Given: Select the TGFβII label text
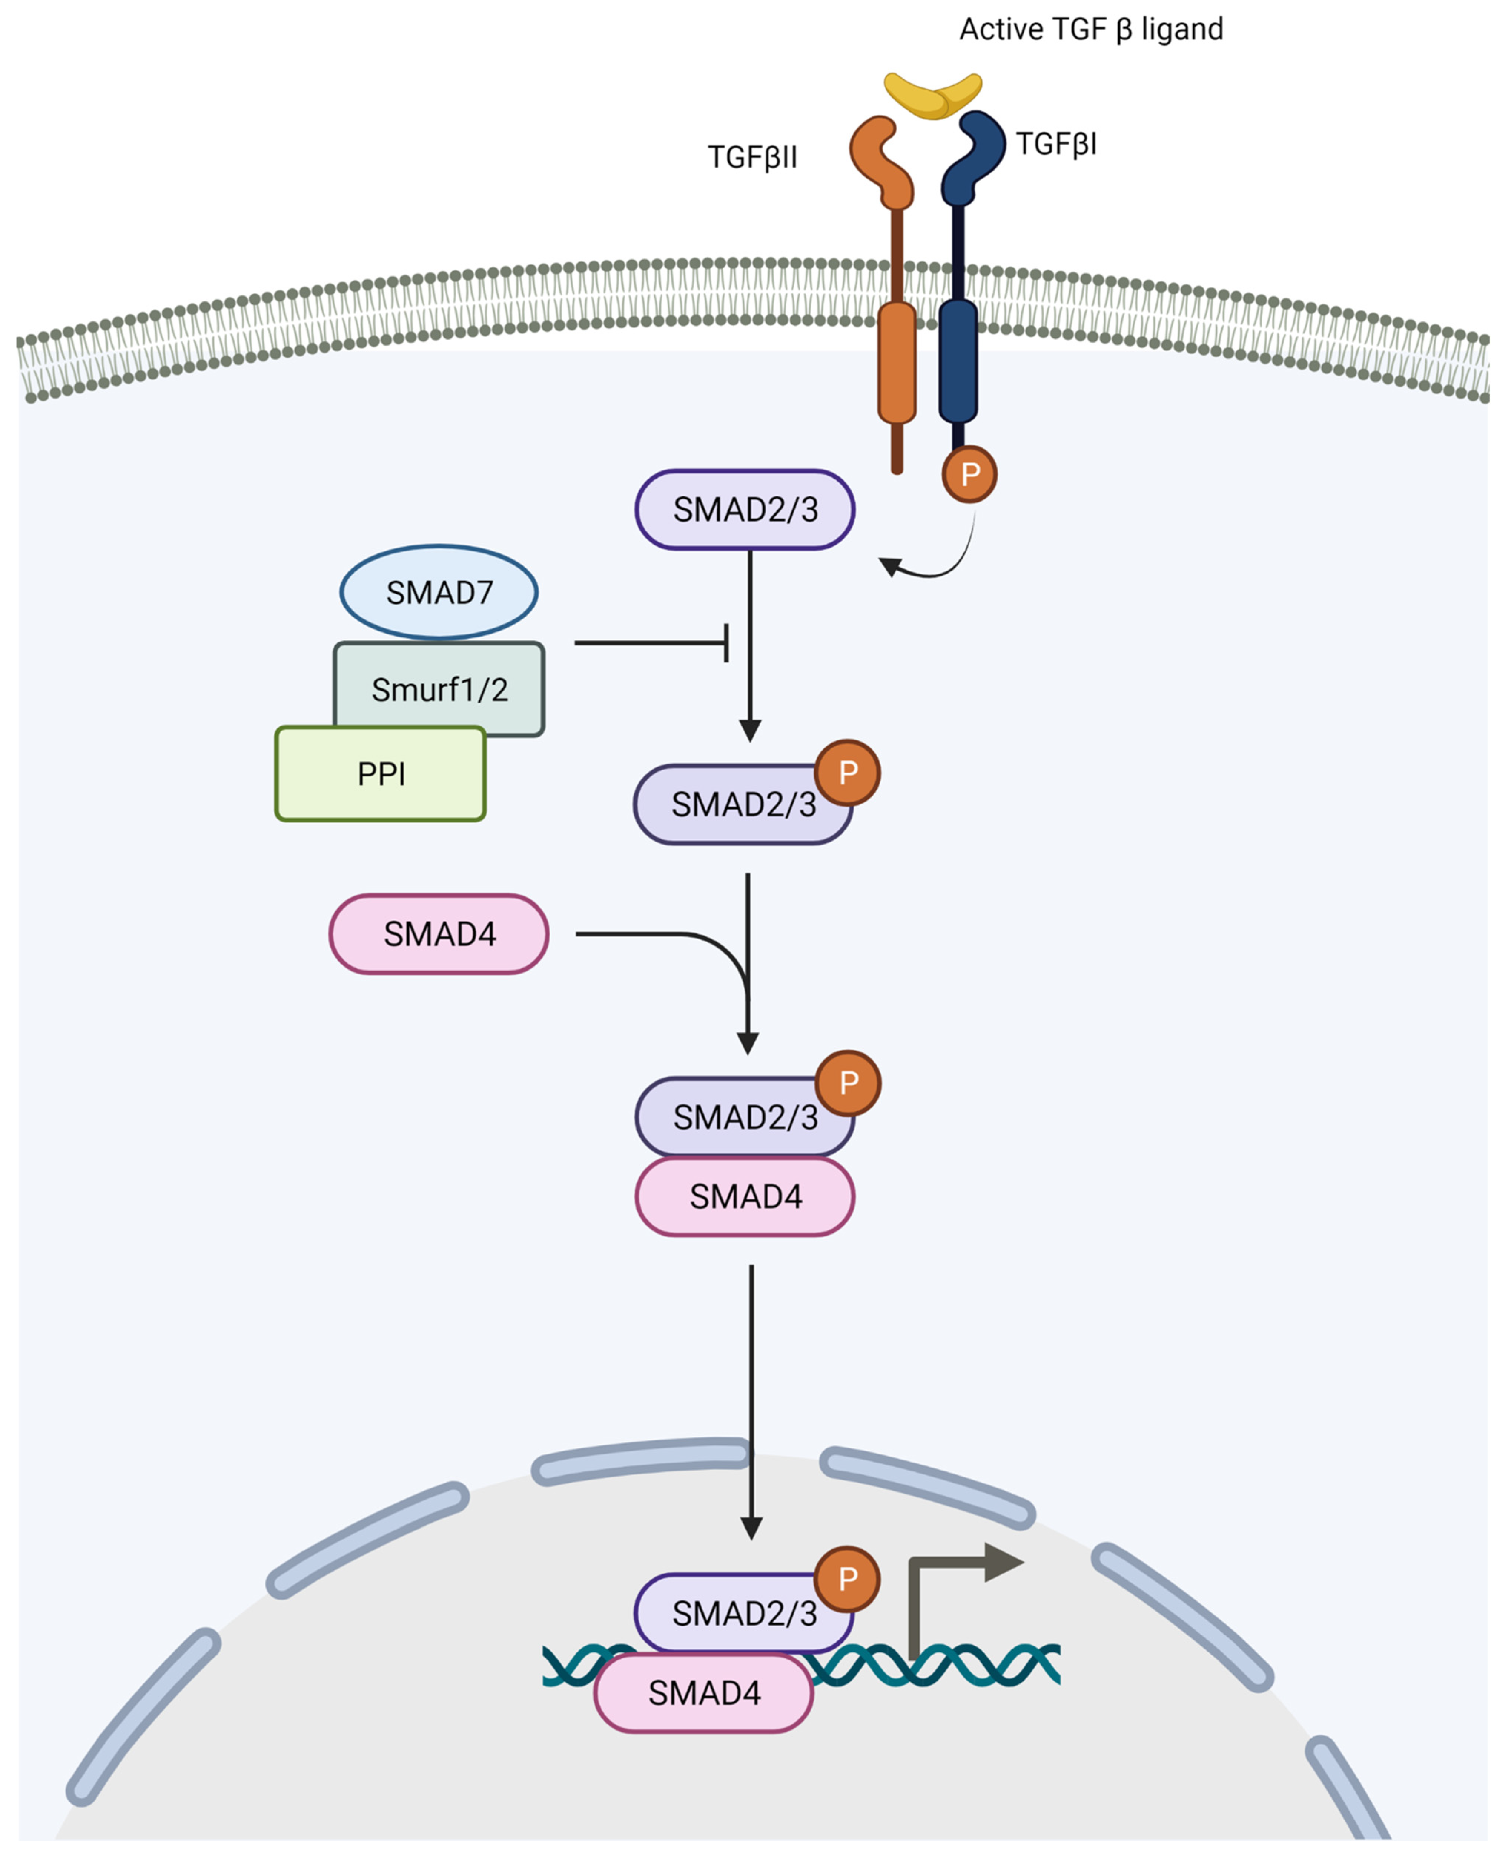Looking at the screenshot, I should (752, 158).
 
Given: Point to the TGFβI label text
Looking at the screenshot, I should (1056, 143).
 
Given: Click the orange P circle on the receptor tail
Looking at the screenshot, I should (969, 475).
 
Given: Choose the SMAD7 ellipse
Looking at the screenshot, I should (439, 592).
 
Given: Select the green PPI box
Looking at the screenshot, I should (380, 774).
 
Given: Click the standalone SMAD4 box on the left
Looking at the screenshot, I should (439, 934).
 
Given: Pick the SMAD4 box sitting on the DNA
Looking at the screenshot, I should (703, 1693).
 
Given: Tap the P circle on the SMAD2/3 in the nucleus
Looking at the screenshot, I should (847, 1578).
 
